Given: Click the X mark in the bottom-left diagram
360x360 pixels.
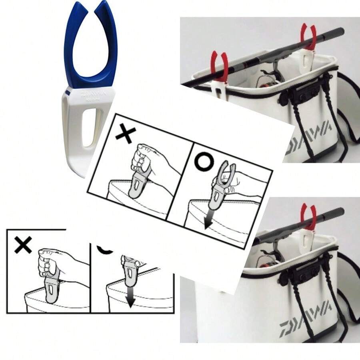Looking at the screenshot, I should point(23,244).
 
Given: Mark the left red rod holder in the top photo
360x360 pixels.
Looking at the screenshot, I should point(219,66).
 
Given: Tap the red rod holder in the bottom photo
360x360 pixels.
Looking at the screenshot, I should point(308,216).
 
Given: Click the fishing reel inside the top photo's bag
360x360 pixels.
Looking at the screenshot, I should point(266,78).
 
